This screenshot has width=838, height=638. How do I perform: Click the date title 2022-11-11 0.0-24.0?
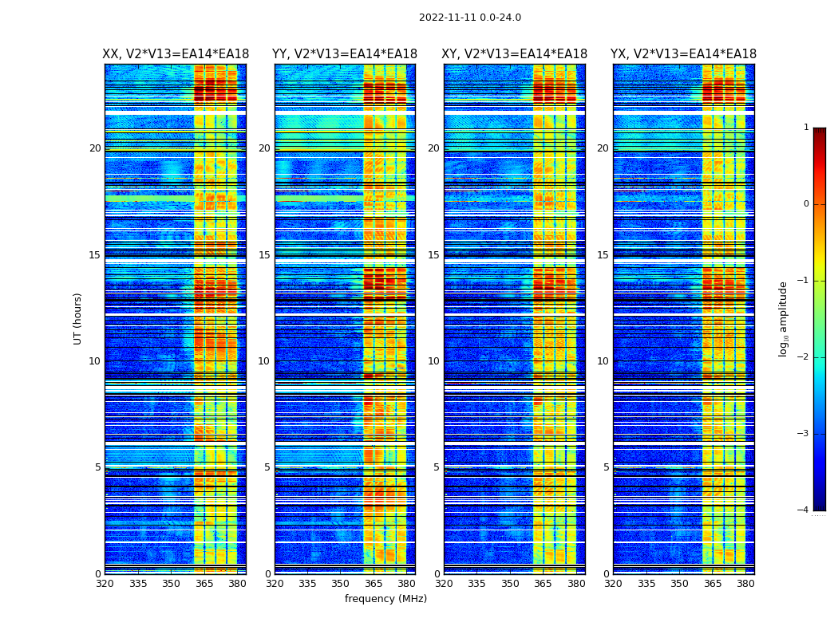469,18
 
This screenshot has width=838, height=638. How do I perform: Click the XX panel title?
176,54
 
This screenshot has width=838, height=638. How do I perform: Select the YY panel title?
345,54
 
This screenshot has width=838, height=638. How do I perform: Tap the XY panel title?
515,54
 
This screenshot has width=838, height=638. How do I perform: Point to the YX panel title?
683,54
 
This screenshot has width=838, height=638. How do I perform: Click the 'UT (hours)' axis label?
78,318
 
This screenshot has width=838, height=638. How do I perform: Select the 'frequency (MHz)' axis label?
385,599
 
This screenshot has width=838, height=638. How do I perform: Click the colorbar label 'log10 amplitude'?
784,318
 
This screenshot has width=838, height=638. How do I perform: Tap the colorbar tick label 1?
806,128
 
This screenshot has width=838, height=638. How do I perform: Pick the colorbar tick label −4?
804,510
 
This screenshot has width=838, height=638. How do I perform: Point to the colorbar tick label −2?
804,357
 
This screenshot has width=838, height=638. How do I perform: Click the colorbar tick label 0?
806,204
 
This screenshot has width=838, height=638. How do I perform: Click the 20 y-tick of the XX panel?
95,148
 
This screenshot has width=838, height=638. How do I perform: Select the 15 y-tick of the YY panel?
264,255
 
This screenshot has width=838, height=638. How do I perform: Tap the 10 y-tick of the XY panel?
433,361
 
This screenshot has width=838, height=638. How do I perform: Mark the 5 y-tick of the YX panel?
606,467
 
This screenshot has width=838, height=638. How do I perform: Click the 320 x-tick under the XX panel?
105,584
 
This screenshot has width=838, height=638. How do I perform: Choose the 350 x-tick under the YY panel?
341,584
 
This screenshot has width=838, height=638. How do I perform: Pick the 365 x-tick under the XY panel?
543,584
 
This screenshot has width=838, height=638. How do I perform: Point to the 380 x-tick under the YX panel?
745,584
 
